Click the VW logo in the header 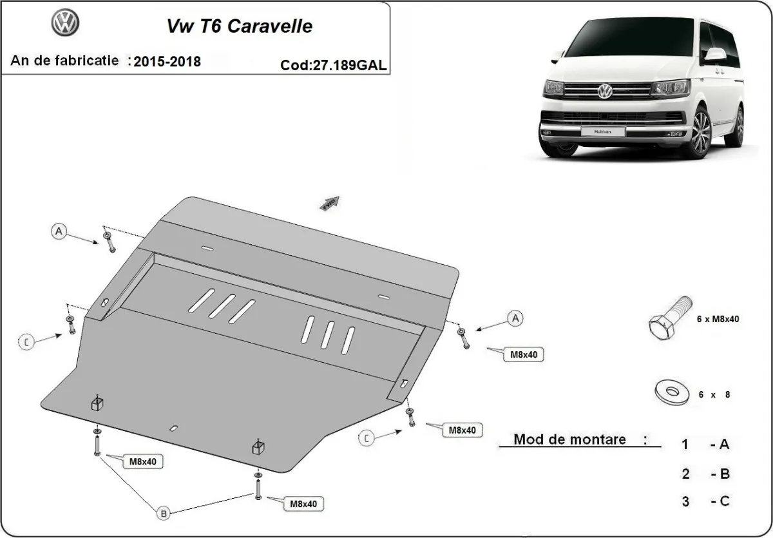coord(65,24)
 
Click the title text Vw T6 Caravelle coord(240,26)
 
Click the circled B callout coord(164,514)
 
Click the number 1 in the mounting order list coord(685,444)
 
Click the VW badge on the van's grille coord(606,92)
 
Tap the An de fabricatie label coord(64,61)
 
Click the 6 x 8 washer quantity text coord(714,394)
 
